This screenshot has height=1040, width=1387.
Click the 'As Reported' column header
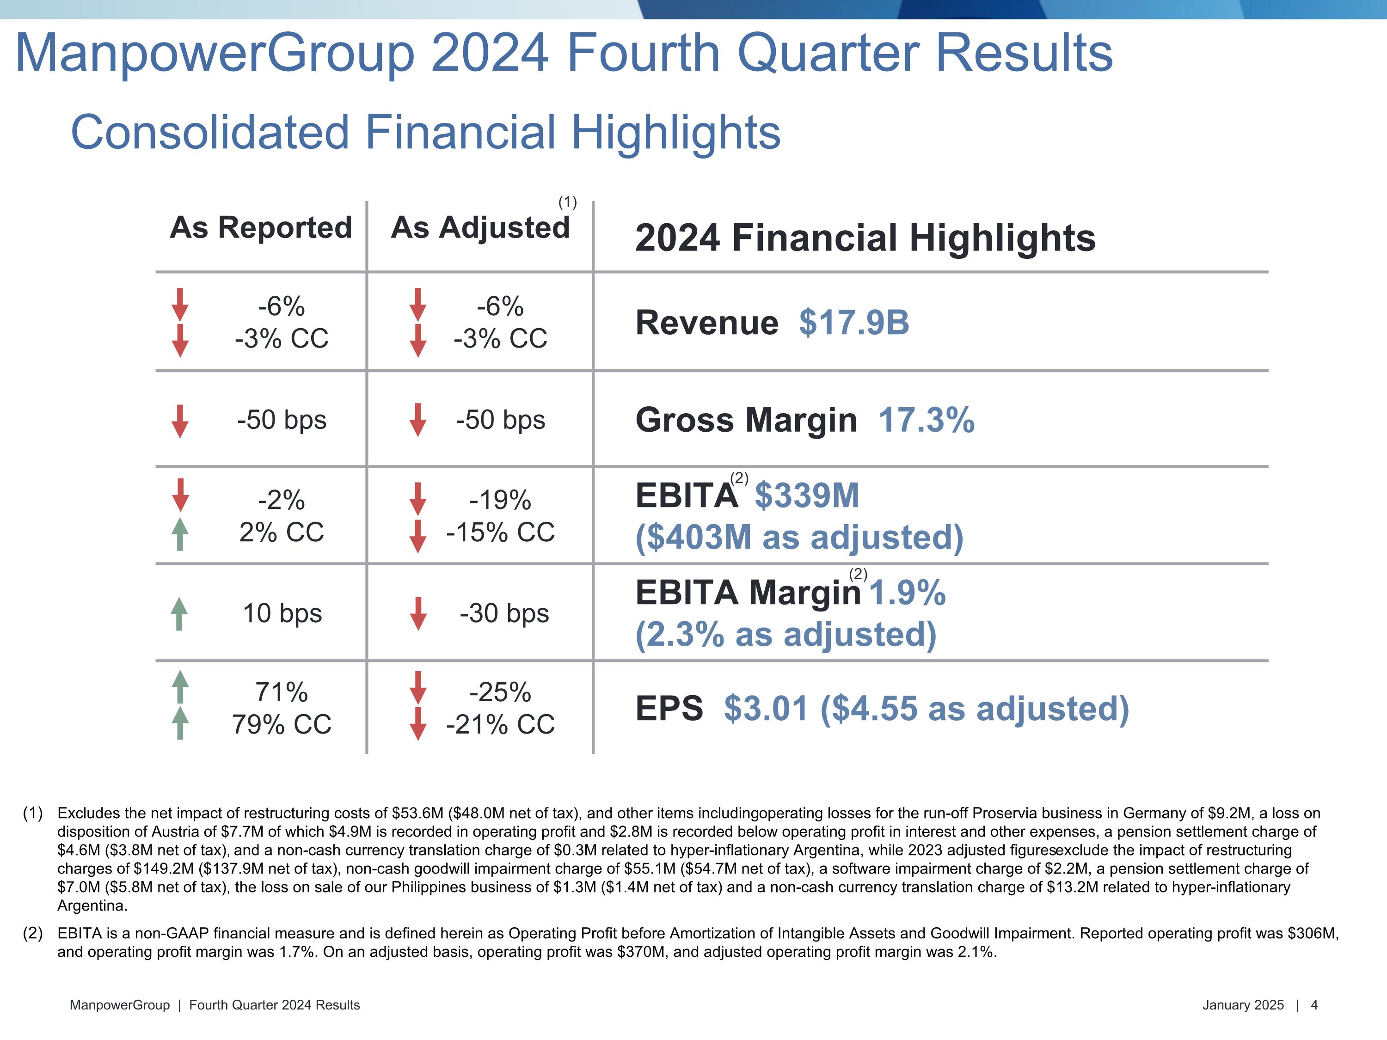click(261, 227)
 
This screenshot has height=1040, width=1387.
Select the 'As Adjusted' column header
click(480, 227)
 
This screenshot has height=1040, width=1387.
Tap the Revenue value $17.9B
click(853, 323)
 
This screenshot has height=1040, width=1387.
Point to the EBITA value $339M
click(806, 496)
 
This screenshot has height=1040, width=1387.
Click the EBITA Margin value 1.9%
click(907, 593)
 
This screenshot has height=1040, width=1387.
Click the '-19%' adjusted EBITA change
click(500, 500)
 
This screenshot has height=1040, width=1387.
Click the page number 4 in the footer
click(1314, 1005)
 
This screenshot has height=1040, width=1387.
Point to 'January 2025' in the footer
click(1243, 1005)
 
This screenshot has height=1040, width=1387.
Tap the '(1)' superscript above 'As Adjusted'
click(567, 202)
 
